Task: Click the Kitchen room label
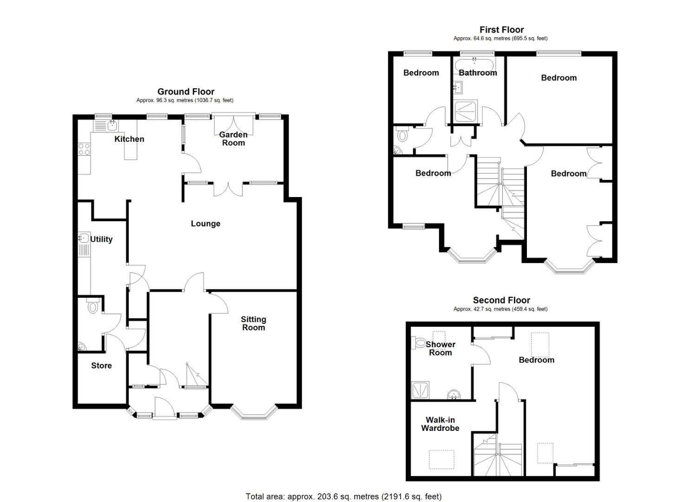click(129, 139)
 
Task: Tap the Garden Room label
click(233, 139)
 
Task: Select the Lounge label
click(205, 224)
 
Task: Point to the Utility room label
click(101, 239)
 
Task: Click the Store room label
click(101, 366)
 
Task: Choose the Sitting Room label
click(253, 324)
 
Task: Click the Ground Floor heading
click(186, 92)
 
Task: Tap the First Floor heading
click(501, 30)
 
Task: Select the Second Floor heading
click(501, 300)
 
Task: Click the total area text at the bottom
click(343, 496)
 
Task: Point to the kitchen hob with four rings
click(84, 149)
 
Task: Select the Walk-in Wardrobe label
click(440, 424)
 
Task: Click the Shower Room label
click(440, 349)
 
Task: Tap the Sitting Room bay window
click(254, 414)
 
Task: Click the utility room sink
click(84, 238)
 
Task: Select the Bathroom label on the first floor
click(478, 73)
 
